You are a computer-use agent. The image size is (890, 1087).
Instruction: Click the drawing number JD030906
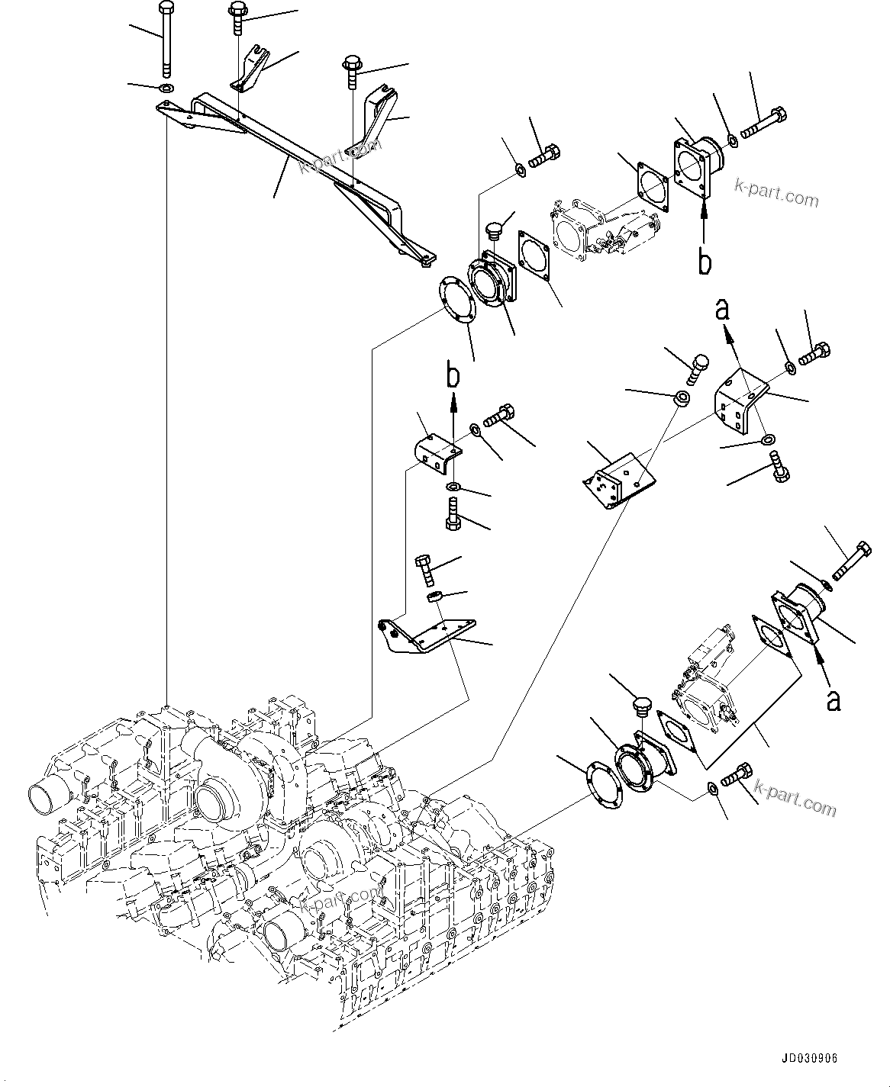(808, 1060)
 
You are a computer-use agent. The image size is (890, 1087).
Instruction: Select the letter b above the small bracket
(453, 376)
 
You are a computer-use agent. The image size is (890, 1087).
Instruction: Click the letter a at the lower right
(834, 699)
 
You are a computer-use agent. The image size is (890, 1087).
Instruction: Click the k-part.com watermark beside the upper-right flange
(776, 191)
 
